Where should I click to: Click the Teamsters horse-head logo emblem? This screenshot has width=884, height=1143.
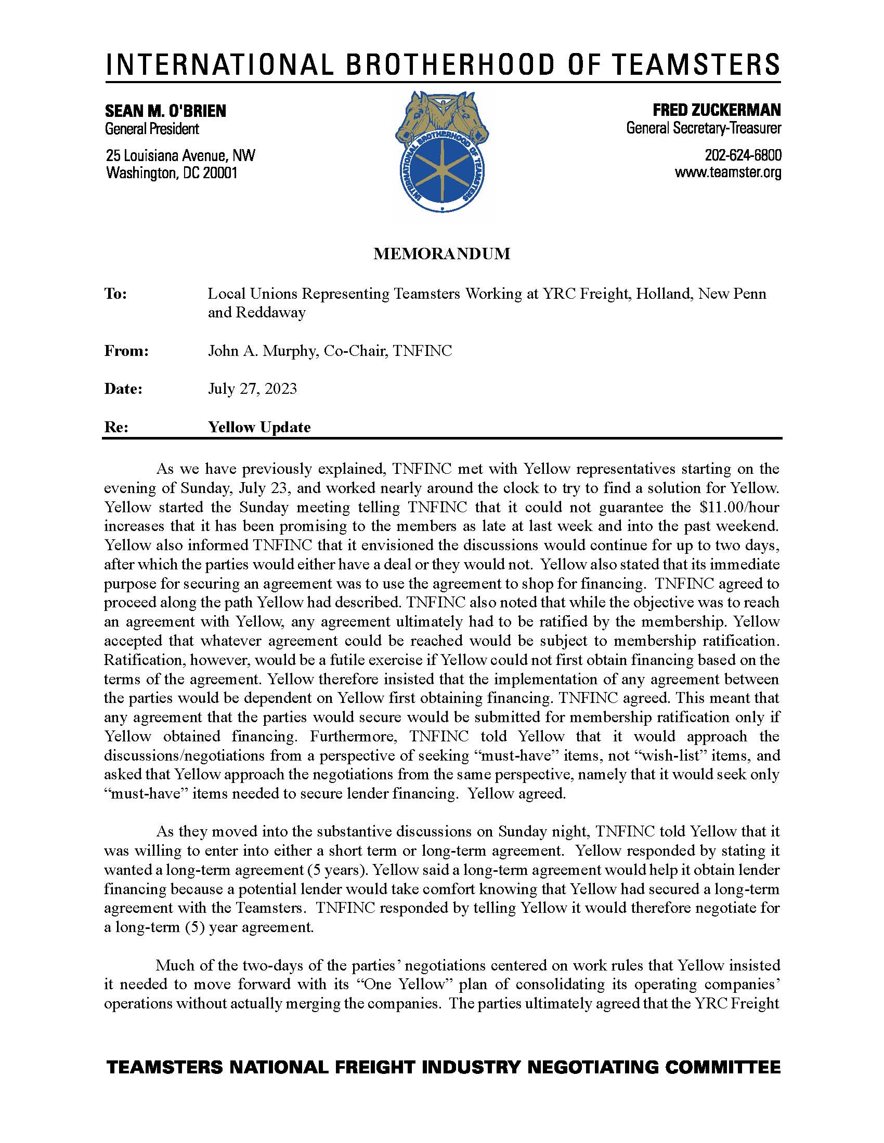click(x=442, y=152)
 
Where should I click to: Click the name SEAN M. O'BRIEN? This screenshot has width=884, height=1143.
click(x=165, y=111)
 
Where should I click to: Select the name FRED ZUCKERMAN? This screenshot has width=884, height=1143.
click(x=717, y=110)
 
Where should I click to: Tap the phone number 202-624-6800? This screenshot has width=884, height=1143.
click(x=743, y=155)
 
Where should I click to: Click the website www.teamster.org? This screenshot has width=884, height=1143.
click(x=728, y=172)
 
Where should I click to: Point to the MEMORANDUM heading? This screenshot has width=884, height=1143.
click(x=441, y=254)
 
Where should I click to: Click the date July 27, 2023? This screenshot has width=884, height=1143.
click(x=252, y=389)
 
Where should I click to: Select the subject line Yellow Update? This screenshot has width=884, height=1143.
click(x=259, y=427)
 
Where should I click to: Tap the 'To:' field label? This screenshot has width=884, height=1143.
click(x=116, y=294)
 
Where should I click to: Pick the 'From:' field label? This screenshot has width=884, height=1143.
click(x=127, y=351)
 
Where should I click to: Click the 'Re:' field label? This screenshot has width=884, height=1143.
click(x=116, y=427)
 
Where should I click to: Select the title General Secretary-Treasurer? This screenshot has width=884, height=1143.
click(x=704, y=128)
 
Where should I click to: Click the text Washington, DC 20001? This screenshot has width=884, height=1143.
click(x=172, y=172)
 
